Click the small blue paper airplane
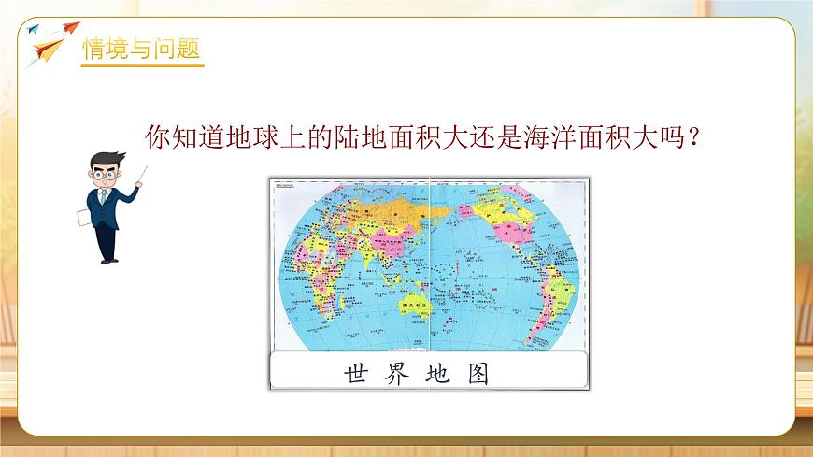click(35, 29)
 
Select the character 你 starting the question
click(159, 138)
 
